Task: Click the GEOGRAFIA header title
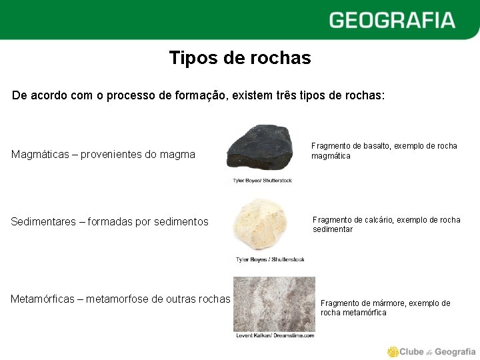[392, 20]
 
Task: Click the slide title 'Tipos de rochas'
[240, 58]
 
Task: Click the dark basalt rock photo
[260, 148]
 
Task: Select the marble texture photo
[273, 303]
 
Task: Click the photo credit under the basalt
[262, 180]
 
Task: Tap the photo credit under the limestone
[270, 259]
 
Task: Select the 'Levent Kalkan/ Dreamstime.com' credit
[274, 335]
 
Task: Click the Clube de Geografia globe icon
[393, 351]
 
